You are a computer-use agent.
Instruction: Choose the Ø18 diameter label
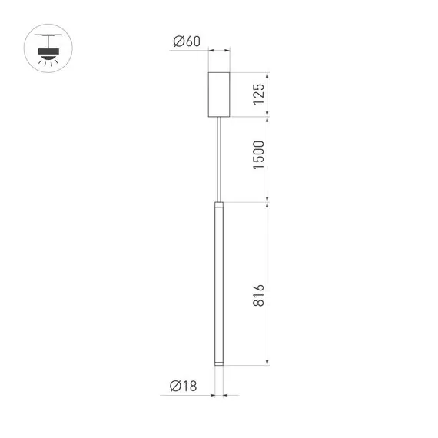pos(185,386)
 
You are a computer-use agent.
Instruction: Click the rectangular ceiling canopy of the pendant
pos(220,95)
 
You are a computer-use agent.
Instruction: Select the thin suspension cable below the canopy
pos(220,158)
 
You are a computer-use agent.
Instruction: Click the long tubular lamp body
pos(220,284)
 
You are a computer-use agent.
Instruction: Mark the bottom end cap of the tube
pos(220,362)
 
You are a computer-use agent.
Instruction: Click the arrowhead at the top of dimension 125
pos(267,76)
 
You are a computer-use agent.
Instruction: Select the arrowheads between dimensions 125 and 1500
pos(267,116)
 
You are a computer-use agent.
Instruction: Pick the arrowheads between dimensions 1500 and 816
pos(267,203)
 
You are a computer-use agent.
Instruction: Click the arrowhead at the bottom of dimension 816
pos(267,363)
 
